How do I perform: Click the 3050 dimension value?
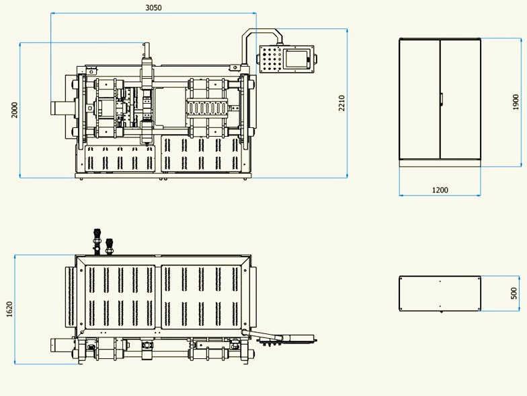click(153, 7)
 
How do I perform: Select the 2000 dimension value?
click(15, 110)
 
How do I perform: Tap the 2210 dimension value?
click(341, 103)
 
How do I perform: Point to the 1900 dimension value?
click(516, 102)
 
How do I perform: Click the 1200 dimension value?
click(440, 190)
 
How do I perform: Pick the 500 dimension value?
click(514, 294)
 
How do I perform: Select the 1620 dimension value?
click(9, 309)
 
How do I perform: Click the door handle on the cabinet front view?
click(441, 99)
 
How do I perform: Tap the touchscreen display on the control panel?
click(296, 59)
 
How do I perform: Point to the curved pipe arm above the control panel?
click(261, 32)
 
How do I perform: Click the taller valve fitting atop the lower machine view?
click(97, 242)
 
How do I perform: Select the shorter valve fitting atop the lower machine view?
click(109, 246)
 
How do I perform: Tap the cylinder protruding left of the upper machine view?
click(63, 108)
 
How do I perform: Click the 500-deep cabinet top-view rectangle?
click(440, 294)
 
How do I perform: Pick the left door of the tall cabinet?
click(419, 99)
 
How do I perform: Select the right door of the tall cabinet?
click(460, 99)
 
